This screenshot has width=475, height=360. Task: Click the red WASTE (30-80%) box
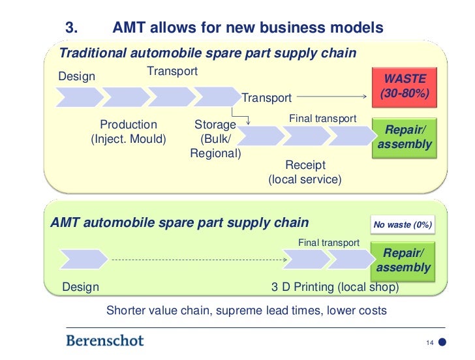pos(404,86)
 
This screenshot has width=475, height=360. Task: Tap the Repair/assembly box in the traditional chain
pos(405,137)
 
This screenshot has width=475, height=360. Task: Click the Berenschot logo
pos(104,340)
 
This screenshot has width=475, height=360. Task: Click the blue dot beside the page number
pos(442,342)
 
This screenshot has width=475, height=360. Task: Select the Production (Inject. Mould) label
pos(129,131)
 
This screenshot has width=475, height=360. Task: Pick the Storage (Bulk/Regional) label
pos(215,139)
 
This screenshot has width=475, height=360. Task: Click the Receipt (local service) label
pos(305,172)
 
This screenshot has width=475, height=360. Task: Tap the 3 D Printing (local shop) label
pos(335,287)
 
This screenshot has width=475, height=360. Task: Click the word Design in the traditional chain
pos(77,76)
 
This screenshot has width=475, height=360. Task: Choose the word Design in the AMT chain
pos(80,287)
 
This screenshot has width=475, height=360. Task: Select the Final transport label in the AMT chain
pos(329,243)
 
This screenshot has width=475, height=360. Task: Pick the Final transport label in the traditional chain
pos(322,119)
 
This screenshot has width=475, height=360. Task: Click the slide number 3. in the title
pos(73,28)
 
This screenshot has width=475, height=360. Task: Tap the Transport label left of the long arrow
pos(266,98)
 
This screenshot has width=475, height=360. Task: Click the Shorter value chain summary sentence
pos(246,310)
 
